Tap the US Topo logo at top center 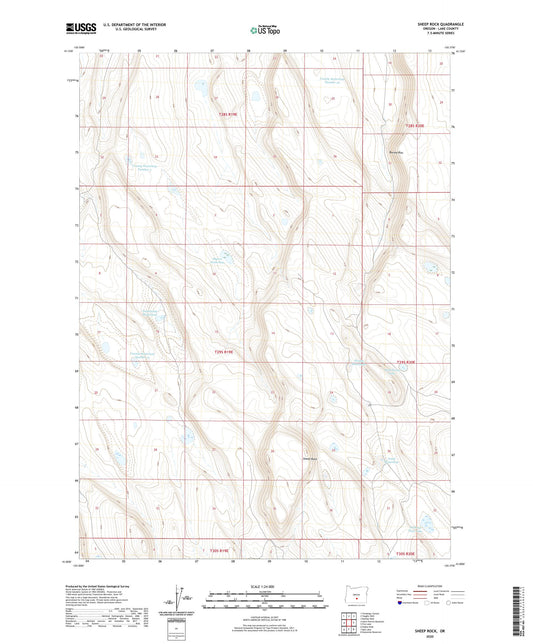(263, 31)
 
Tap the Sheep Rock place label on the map (310, 459)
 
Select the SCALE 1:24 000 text (265, 585)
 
